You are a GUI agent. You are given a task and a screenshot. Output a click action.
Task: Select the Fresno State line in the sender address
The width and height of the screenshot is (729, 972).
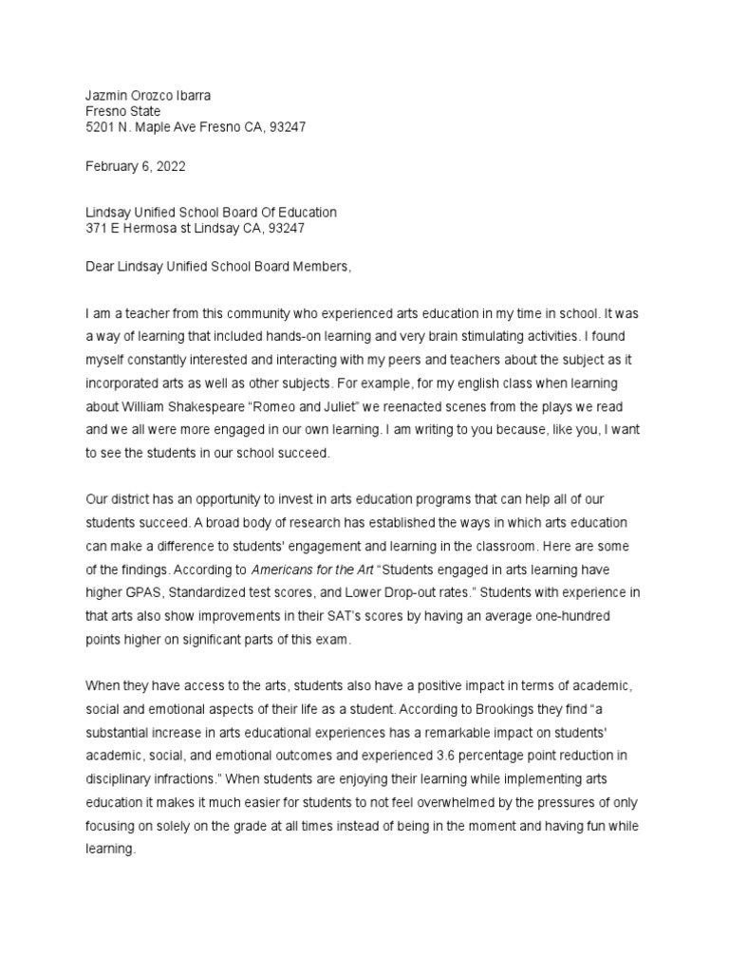(x=123, y=110)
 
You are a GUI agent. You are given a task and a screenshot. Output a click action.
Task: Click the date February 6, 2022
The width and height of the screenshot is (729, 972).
(x=136, y=166)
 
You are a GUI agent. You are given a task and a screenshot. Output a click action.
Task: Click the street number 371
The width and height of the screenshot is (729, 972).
(x=98, y=229)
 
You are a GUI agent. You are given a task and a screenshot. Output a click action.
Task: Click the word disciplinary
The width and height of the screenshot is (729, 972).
(x=122, y=778)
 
